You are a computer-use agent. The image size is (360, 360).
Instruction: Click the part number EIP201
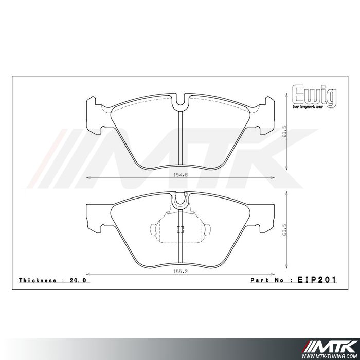(x=317, y=280)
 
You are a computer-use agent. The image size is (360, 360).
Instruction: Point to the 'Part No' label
(x=268, y=281)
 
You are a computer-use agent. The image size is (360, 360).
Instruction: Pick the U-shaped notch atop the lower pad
(x=180, y=200)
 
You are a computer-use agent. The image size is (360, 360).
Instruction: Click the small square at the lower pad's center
(x=179, y=230)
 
